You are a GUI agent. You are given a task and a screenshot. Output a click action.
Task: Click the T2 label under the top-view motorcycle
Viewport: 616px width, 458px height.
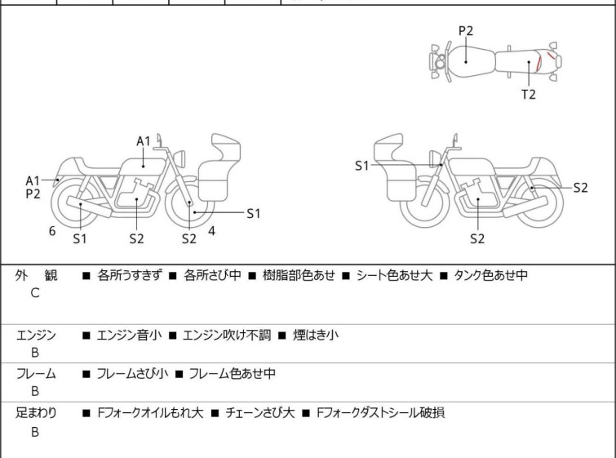[529, 94]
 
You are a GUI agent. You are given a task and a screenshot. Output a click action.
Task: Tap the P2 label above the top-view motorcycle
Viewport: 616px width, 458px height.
[465, 31]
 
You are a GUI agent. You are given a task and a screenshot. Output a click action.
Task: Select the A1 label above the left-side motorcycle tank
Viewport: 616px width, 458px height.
[144, 141]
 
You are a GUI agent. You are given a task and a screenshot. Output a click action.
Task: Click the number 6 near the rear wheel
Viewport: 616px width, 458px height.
[52, 231]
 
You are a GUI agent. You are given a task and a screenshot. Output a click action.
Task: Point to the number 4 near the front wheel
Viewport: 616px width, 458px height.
[211, 231]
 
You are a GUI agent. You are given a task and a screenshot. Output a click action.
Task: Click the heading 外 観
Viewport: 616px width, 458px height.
[36, 276]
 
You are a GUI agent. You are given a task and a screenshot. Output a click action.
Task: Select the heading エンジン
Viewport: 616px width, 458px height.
[36, 335]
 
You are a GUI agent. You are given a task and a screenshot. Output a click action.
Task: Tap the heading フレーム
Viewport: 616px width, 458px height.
[36, 374]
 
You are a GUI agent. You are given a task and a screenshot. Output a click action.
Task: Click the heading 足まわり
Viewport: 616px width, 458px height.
[36, 413]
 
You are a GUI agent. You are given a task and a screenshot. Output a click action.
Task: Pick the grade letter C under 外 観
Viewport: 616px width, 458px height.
[35, 293]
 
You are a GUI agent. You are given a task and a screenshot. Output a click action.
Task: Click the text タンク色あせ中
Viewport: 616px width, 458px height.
[490, 276]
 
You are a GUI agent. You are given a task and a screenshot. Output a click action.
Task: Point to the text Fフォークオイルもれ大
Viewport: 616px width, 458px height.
[148, 413]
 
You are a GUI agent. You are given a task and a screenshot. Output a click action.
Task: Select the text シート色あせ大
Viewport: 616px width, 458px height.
[392, 276]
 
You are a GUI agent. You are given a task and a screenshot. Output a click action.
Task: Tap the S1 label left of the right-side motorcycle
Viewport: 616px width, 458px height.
[361, 166]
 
